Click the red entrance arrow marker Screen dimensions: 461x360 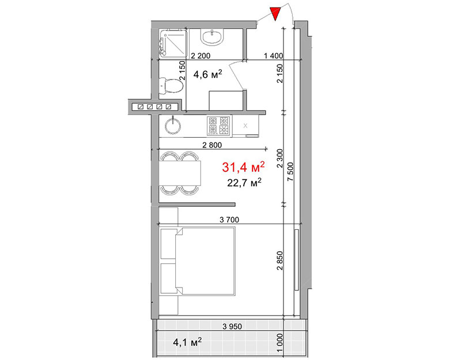coord(275,14)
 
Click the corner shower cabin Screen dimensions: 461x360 coord(173,43)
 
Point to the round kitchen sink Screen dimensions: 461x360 coord(173,126)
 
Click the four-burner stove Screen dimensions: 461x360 coord(219,126)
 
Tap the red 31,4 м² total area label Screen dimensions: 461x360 coord(243,167)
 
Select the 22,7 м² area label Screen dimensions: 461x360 coord(244,183)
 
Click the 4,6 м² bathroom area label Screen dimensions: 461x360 coord(207,74)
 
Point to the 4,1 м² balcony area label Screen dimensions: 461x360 coord(187,342)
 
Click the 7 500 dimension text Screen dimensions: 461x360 coord(290,172)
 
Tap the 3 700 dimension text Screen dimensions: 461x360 coord(229,220)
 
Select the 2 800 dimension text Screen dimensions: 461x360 coord(212,145)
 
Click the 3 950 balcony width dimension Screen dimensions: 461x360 coord(232,327)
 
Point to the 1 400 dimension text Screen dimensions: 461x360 coord(273,55)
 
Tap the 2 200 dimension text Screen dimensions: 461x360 coord(201,55)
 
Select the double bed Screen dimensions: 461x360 coord(205,261)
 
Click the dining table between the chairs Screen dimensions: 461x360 coord(180,173)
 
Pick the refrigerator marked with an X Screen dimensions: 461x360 coord(245,126)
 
